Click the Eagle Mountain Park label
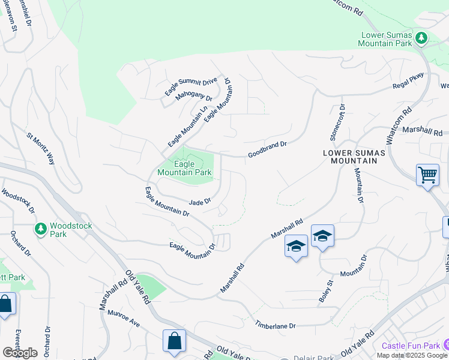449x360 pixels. click(184, 168)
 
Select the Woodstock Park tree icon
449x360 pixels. click(41, 229)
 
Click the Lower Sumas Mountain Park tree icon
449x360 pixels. click(421, 38)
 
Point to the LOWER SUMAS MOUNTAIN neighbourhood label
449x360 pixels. click(351, 157)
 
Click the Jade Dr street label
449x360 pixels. click(200, 202)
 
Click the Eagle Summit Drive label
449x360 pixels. click(191, 88)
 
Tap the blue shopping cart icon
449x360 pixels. click(427, 175)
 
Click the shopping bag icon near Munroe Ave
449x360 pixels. click(174, 341)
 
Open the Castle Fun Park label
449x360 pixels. click(411, 346)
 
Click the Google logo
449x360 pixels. click(20, 352)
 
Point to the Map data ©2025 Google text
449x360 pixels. click(412, 355)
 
